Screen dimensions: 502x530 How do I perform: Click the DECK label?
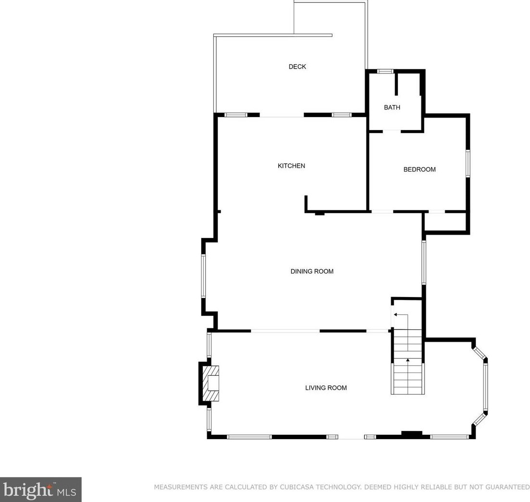(x=297, y=67)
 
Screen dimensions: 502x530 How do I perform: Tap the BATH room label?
(x=392, y=108)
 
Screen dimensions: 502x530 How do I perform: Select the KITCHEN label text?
(x=291, y=166)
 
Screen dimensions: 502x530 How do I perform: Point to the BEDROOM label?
(x=419, y=169)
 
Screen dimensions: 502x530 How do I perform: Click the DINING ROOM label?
(x=312, y=272)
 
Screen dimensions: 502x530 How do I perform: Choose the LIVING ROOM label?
(x=326, y=388)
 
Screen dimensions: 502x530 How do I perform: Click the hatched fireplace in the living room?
(x=210, y=384)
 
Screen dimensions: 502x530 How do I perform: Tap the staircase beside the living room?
(x=408, y=365)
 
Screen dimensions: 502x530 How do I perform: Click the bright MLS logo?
(x=40, y=490)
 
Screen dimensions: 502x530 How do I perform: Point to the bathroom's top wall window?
(x=384, y=72)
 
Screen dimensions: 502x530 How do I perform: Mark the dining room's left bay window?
(x=204, y=276)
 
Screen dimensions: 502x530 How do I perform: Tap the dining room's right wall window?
(x=423, y=262)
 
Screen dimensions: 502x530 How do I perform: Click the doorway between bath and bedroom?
(x=392, y=131)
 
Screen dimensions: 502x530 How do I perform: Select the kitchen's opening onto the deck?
(x=282, y=115)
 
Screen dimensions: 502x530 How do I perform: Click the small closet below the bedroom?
(x=445, y=222)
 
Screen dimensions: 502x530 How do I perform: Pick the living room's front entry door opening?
(x=351, y=437)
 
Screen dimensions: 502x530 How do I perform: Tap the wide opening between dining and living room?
(x=285, y=331)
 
